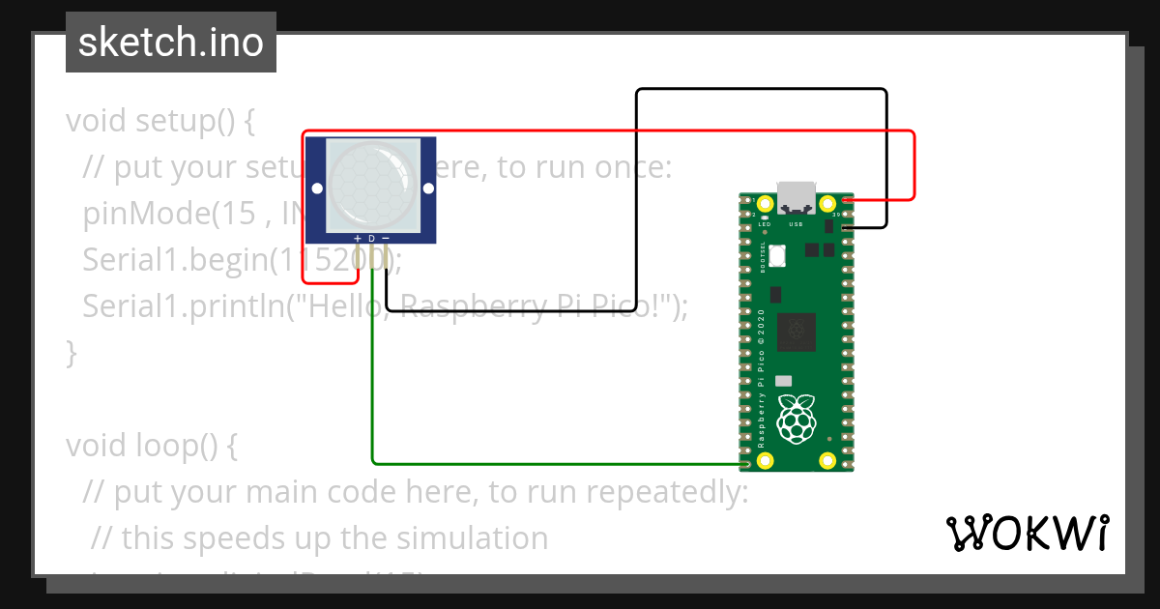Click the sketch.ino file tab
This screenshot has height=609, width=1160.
tap(170, 43)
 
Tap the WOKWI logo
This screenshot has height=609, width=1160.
tap(1028, 533)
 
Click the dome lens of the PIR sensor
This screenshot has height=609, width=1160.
tap(371, 184)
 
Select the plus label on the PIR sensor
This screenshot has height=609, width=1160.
tap(358, 238)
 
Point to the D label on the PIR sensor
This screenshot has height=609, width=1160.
tap(371, 238)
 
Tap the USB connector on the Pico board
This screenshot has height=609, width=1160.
tap(797, 197)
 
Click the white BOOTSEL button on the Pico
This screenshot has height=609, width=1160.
tap(780, 256)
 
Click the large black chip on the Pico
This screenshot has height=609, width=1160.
tap(797, 333)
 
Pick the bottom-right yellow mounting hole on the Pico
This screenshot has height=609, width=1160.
tap(827, 461)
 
